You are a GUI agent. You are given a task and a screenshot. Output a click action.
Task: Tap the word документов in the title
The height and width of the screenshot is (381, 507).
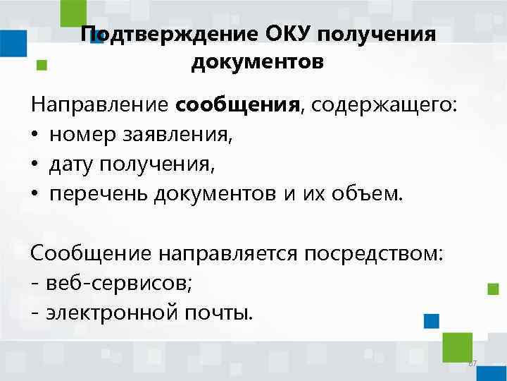point(257,63)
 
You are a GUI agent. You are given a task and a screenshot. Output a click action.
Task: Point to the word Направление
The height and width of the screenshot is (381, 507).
point(101,105)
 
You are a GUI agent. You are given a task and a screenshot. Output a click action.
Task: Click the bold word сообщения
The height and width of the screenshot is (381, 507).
point(238,105)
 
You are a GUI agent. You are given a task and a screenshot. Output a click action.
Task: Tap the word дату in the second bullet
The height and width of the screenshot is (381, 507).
point(73,164)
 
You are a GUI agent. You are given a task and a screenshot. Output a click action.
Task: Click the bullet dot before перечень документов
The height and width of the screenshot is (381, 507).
point(35,195)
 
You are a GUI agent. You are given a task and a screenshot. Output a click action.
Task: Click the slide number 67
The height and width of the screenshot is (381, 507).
point(472,363)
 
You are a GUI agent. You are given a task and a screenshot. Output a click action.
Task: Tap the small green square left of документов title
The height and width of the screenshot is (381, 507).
point(42,64)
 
